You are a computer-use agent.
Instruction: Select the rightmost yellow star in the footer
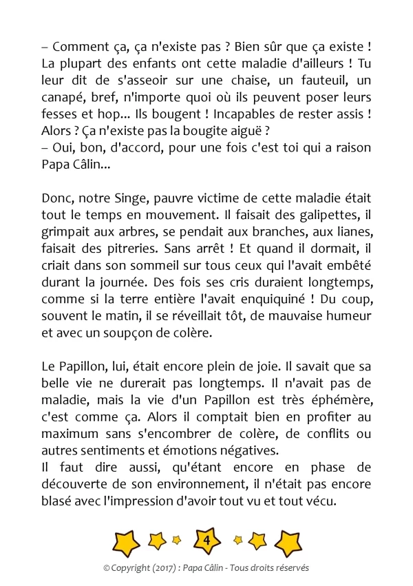pyautogui.click(x=288, y=543)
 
